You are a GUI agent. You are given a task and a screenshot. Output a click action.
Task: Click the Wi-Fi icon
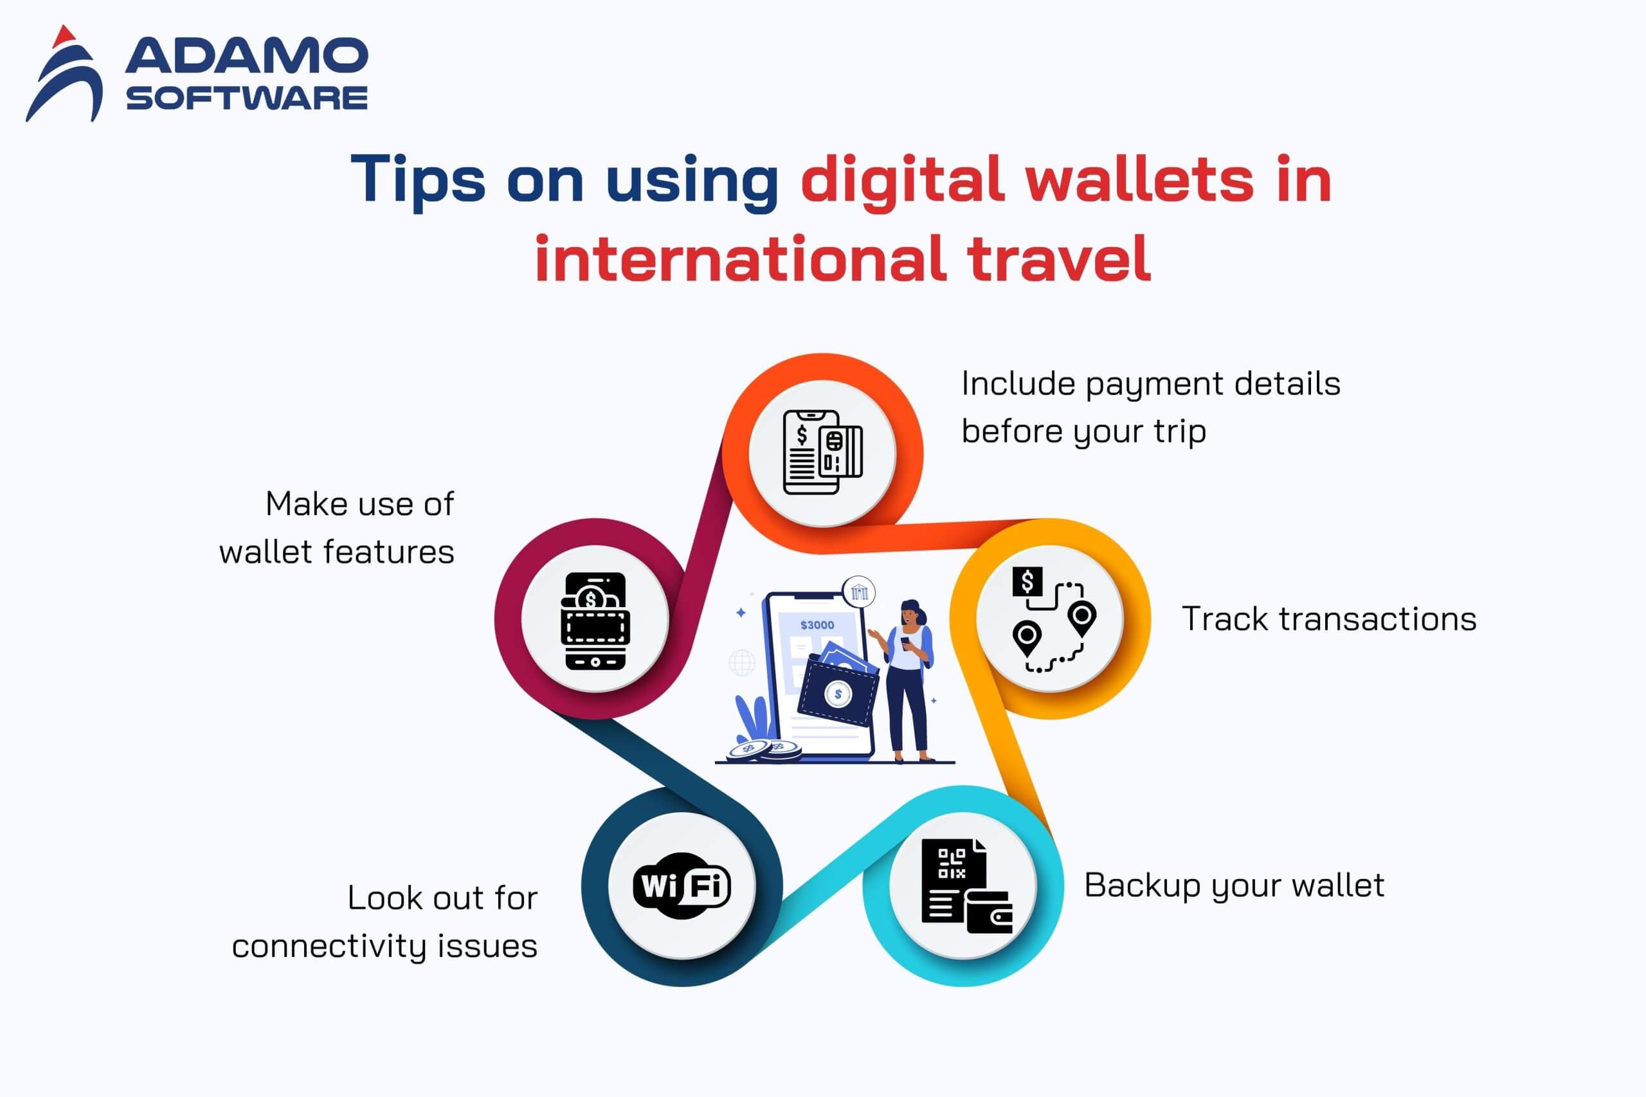[682, 885]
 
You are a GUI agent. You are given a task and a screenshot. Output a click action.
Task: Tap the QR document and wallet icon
[966, 885]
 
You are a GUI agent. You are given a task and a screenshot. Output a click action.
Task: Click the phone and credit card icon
[822, 452]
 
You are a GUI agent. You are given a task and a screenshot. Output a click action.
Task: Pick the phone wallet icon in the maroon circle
[595, 621]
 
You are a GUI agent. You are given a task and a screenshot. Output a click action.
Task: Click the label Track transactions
[1328, 619]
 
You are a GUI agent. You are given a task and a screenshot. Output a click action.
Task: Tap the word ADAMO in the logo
[246, 55]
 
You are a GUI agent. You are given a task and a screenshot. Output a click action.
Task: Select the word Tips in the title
[418, 181]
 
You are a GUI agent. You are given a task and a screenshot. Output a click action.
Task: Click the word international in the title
[740, 257]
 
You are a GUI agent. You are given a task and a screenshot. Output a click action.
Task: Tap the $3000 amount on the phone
[817, 625]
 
